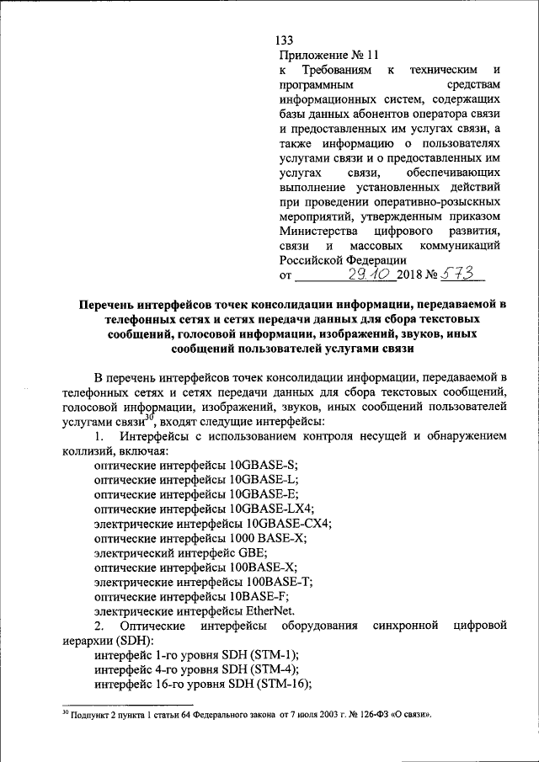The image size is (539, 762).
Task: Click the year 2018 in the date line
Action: [409, 275]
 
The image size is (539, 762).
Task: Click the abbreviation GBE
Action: [253, 552]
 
